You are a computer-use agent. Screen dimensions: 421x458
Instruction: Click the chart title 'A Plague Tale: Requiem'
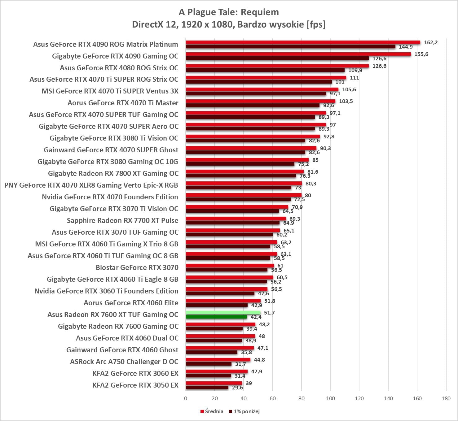229,12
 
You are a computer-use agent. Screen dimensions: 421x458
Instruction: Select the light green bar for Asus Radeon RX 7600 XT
223,313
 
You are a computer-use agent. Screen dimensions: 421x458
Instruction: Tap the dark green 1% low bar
216,317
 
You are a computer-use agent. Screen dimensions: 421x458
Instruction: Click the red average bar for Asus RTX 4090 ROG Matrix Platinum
303,42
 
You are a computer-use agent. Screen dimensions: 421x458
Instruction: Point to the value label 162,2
431,42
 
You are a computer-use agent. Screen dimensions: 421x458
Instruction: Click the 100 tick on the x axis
330,398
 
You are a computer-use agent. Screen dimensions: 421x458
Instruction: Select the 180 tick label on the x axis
446,398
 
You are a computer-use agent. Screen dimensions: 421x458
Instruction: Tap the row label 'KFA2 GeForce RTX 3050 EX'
135,385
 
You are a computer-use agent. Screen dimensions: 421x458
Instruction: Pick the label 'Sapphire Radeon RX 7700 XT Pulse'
122,220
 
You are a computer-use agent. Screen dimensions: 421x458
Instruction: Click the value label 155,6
421,54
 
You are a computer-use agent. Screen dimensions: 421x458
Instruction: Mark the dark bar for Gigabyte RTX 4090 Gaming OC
277,59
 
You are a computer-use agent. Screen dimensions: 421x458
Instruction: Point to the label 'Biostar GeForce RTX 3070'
137,267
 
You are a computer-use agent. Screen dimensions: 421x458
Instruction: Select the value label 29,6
237,388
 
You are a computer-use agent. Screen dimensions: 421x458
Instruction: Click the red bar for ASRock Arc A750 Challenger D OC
218,360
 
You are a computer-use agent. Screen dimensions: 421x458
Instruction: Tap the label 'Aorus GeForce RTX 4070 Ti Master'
123,103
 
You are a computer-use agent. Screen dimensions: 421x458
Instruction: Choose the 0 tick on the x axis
186,398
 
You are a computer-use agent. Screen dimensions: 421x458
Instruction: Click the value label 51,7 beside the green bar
269,313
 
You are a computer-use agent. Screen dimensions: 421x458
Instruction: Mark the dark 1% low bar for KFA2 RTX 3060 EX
208,376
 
